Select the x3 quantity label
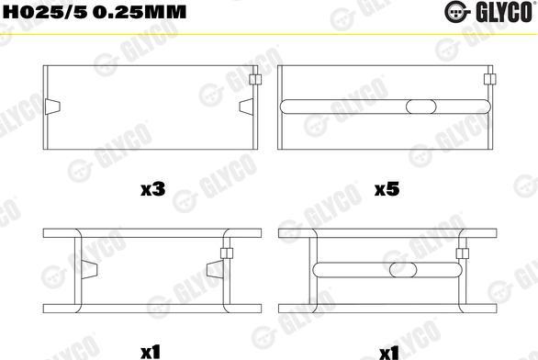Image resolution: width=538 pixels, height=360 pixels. tap(151, 190)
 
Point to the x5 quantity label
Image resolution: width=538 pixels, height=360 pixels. tap(387, 190)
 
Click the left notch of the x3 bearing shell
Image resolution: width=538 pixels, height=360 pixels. tap(52, 106)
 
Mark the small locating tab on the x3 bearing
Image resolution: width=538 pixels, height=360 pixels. tap(254, 82)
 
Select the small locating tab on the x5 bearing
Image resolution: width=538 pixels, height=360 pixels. tap(489, 82)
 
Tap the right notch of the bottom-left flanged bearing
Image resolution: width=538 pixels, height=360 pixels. tap(214, 269)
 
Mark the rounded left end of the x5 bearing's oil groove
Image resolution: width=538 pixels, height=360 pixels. tap(286, 107)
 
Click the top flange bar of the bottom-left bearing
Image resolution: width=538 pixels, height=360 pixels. tap(151, 233)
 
